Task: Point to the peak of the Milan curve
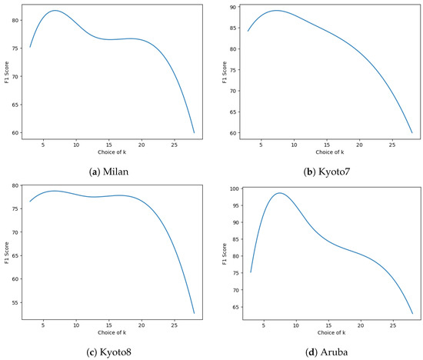(55, 11)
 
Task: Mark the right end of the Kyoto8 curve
(194, 313)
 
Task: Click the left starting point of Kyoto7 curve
(248, 32)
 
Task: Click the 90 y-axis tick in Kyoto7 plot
(231, 8)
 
